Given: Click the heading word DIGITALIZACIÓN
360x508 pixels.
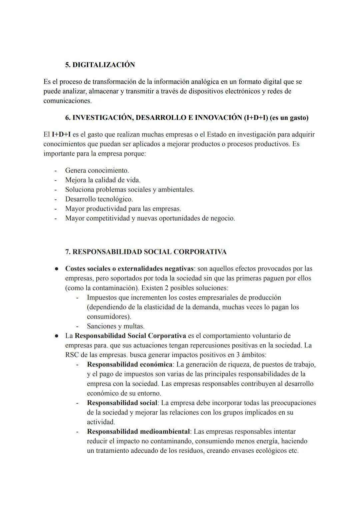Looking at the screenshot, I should (x=104, y=65).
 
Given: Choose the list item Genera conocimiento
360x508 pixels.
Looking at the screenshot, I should (x=97, y=171).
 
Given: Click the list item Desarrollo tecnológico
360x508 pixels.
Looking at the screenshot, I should (x=99, y=199).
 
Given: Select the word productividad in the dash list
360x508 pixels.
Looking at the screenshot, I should (x=106, y=209).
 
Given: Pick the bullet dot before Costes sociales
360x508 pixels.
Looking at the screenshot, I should (x=57, y=269).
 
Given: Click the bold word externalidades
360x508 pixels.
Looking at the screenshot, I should (x=143, y=269).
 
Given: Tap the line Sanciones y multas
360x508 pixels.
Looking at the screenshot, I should (x=115, y=326).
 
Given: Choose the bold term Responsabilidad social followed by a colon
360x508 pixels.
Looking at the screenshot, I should (x=122, y=403).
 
